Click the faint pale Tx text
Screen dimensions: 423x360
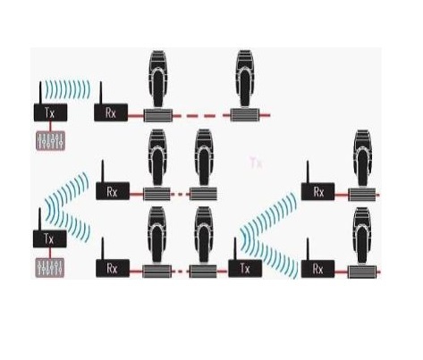point(256,163)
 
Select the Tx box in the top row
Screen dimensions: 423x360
point(50,113)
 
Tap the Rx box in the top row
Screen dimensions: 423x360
point(111,113)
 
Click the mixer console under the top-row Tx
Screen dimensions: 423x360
point(50,140)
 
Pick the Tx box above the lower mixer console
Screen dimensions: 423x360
point(50,239)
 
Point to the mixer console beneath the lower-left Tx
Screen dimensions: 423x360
point(50,268)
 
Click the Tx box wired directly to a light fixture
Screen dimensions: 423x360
point(245,269)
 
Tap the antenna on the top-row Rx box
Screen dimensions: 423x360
point(101,93)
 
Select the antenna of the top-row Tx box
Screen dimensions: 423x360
point(40,93)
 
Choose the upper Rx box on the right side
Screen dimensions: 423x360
point(318,192)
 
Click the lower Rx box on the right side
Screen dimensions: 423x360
point(318,269)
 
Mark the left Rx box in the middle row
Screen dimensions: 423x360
point(113,191)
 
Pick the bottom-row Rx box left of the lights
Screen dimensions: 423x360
point(113,268)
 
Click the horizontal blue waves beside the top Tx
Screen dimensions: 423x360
point(67,88)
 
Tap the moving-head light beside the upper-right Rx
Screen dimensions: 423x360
point(362,165)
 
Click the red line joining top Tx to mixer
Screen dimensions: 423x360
point(50,126)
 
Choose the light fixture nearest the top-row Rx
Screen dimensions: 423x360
point(158,86)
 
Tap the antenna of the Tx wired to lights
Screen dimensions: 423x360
point(235,248)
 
